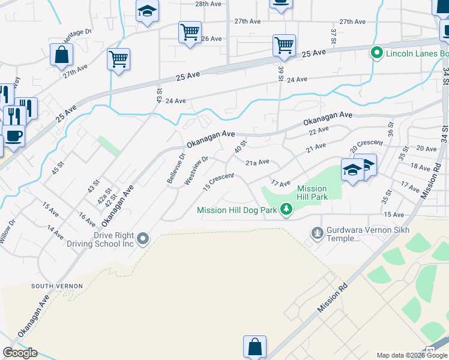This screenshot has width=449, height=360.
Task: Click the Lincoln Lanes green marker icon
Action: pos(377,53)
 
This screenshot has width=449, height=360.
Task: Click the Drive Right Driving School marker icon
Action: pos(143,239)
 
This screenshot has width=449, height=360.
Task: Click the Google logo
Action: pos(20,353)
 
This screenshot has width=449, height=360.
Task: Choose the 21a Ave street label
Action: pos(258,162)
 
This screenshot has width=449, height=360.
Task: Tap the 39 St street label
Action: pos(280,74)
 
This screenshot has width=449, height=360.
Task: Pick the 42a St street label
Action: pos(104,197)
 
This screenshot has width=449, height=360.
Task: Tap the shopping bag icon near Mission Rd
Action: pos(255,346)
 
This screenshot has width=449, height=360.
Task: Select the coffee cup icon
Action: pos(14,135)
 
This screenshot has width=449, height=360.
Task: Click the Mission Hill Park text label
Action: pos(312,193)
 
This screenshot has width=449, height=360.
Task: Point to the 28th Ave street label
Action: pos(208,4)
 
